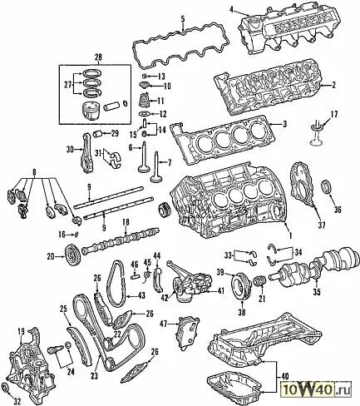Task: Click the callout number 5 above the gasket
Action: pos(183,19)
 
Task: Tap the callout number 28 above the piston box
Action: pos(98,57)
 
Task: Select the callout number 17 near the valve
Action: pos(334,114)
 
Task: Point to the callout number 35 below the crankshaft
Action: pos(317,291)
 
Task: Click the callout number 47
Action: pos(164,323)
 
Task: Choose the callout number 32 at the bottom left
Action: pos(17,401)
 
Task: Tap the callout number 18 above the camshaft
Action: pos(126,222)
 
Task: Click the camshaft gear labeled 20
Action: pos(73,255)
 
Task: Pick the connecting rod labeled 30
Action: pos(86,153)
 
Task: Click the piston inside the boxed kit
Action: pos(91,110)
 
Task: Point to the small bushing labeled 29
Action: pos(99,134)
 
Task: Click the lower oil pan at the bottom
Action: pos(234,384)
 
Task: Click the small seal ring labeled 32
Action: pos(5,388)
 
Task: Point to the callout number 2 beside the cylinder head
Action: pos(333,85)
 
